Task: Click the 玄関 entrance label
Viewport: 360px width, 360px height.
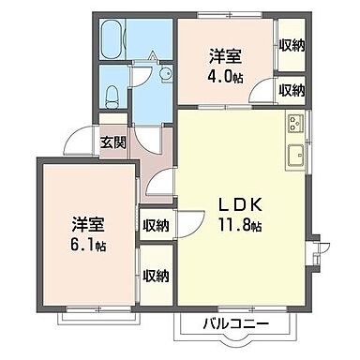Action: click(x=113, y=143)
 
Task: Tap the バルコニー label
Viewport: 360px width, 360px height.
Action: click(x=236, y=324)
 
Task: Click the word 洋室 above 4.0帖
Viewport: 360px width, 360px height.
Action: click(x=226, y=56)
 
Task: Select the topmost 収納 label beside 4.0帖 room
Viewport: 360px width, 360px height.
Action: click(x=292, y=45)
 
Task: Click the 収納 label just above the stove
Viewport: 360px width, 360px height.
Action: click(x=292, y=90)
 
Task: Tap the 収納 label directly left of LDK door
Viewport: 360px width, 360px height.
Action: click(x=156, y=225)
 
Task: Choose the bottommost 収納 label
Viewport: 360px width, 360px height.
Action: click(x=156, y=276)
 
